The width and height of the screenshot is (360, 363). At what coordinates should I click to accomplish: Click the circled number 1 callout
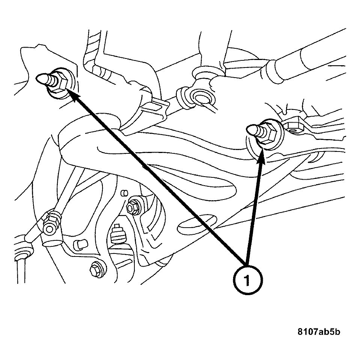[247, 280]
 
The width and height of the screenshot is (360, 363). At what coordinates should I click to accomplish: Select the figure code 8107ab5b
[319, 332]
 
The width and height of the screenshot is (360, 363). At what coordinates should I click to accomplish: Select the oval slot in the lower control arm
[197, 224]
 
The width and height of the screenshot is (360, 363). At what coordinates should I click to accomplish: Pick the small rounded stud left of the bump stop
[80, 245]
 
